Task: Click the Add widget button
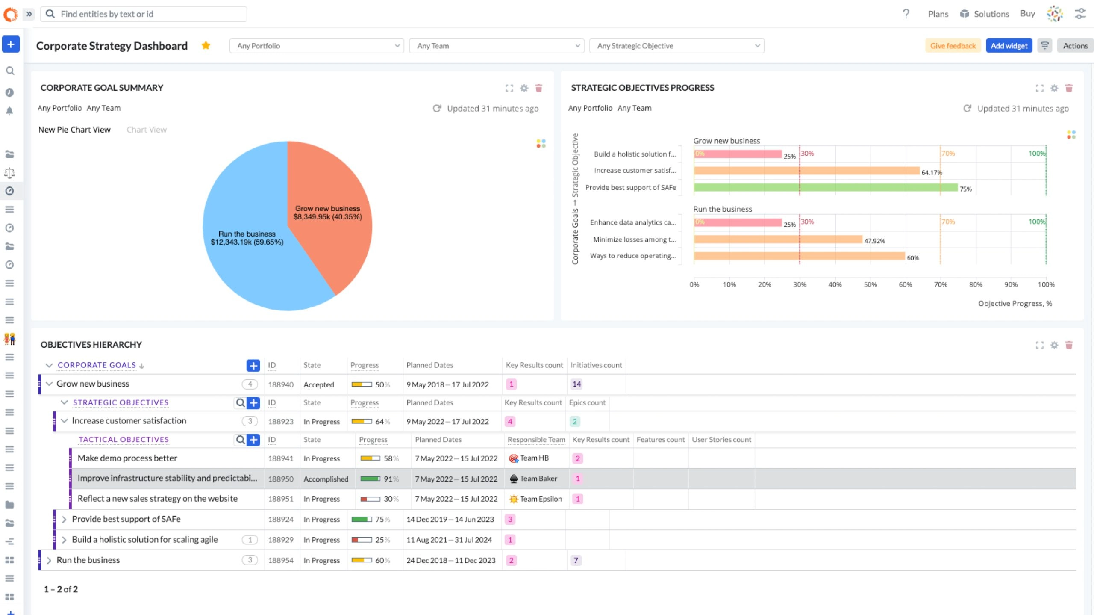(x=1009, y=46)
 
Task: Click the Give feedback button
(x=953, y=46)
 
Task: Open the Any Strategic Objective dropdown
(x=676, y=46)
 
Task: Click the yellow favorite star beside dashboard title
(x=206, y=45)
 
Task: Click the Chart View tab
(x=147, y=130)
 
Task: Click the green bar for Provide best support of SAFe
(x=825, y=187)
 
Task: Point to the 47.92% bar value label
(x=874, y=241)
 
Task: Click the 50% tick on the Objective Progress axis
(x=870, y=284)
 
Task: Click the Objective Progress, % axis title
(x=1015, y=303)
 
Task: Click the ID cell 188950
(x=281, y=479)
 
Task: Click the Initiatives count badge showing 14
(x=576, y=384)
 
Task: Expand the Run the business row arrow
(x=49, y=560)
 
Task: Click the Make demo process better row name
(x=127, y=458)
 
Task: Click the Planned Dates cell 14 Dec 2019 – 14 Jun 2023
(x=450, y=519)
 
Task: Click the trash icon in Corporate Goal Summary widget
(x=538, y=88)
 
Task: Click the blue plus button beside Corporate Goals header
(x=253, y=365)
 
